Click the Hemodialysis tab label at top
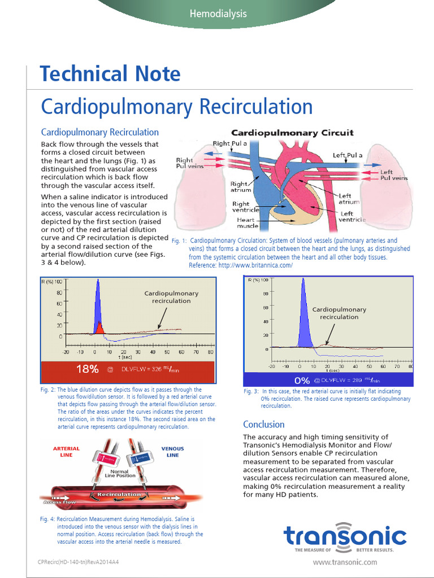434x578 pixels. tap(218, 14)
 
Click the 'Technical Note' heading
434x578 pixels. tap(110, 74)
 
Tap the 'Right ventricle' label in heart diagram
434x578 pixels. tap(241, 207)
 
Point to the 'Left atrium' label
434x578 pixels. tap(345, 198)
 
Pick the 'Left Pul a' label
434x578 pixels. tap(348, 155)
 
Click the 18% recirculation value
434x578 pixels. tap(87, 369)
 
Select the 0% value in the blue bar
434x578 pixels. tap(302, 380)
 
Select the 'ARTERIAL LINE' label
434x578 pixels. tap(66, 452)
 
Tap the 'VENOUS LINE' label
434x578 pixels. tap(172, 452)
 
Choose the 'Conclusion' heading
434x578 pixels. tap(263, 424)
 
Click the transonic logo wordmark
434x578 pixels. tap(345, 536)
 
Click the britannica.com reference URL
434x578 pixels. tap(254, 265)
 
